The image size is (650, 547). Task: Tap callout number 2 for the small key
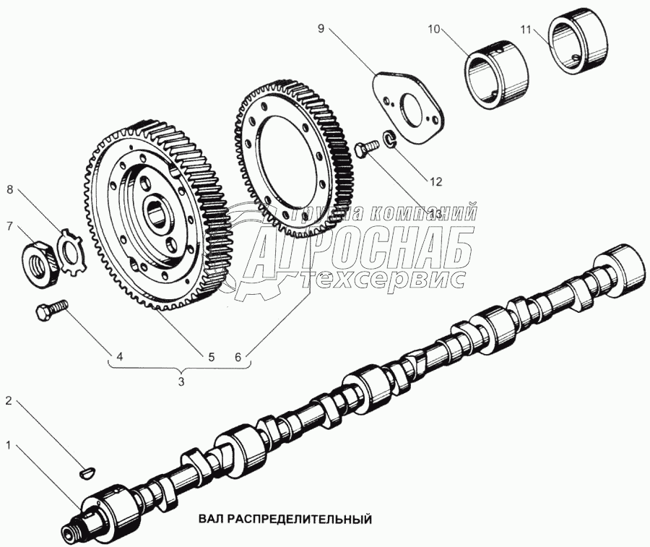coord(9,400)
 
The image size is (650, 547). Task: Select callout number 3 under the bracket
coord(181,380)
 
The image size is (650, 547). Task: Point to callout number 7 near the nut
coord(9,227)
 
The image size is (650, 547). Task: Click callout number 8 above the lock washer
coord(9,191)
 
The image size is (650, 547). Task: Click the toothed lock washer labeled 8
coord(71,249)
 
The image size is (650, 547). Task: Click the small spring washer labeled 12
coord(387,138)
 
